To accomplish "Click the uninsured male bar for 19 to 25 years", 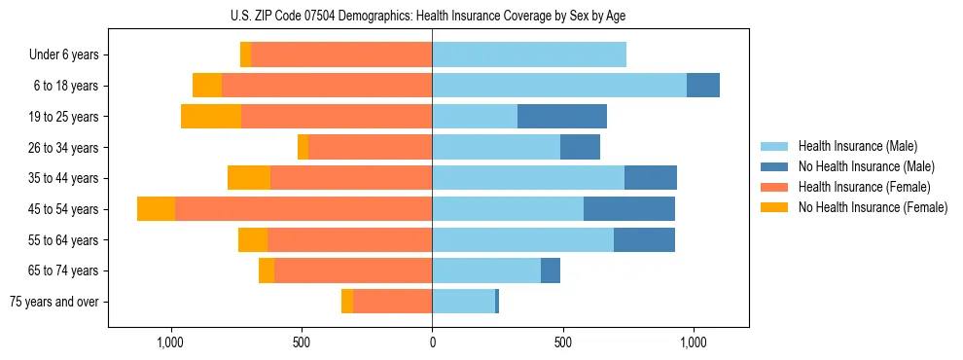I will (x=562, y=117).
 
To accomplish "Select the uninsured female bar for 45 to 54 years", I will (x=156, y=209).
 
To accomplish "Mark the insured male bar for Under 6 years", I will (x=529, y=55).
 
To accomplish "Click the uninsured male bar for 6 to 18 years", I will (x=703, y=86).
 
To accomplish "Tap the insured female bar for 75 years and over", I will (x=392, y=302).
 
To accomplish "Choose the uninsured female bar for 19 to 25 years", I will (x=211, y=117).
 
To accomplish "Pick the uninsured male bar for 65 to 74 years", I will (x=551, y=270).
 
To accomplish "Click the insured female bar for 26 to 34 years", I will (x=370, y=147).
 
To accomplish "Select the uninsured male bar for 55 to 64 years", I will (x=644, y=240).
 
